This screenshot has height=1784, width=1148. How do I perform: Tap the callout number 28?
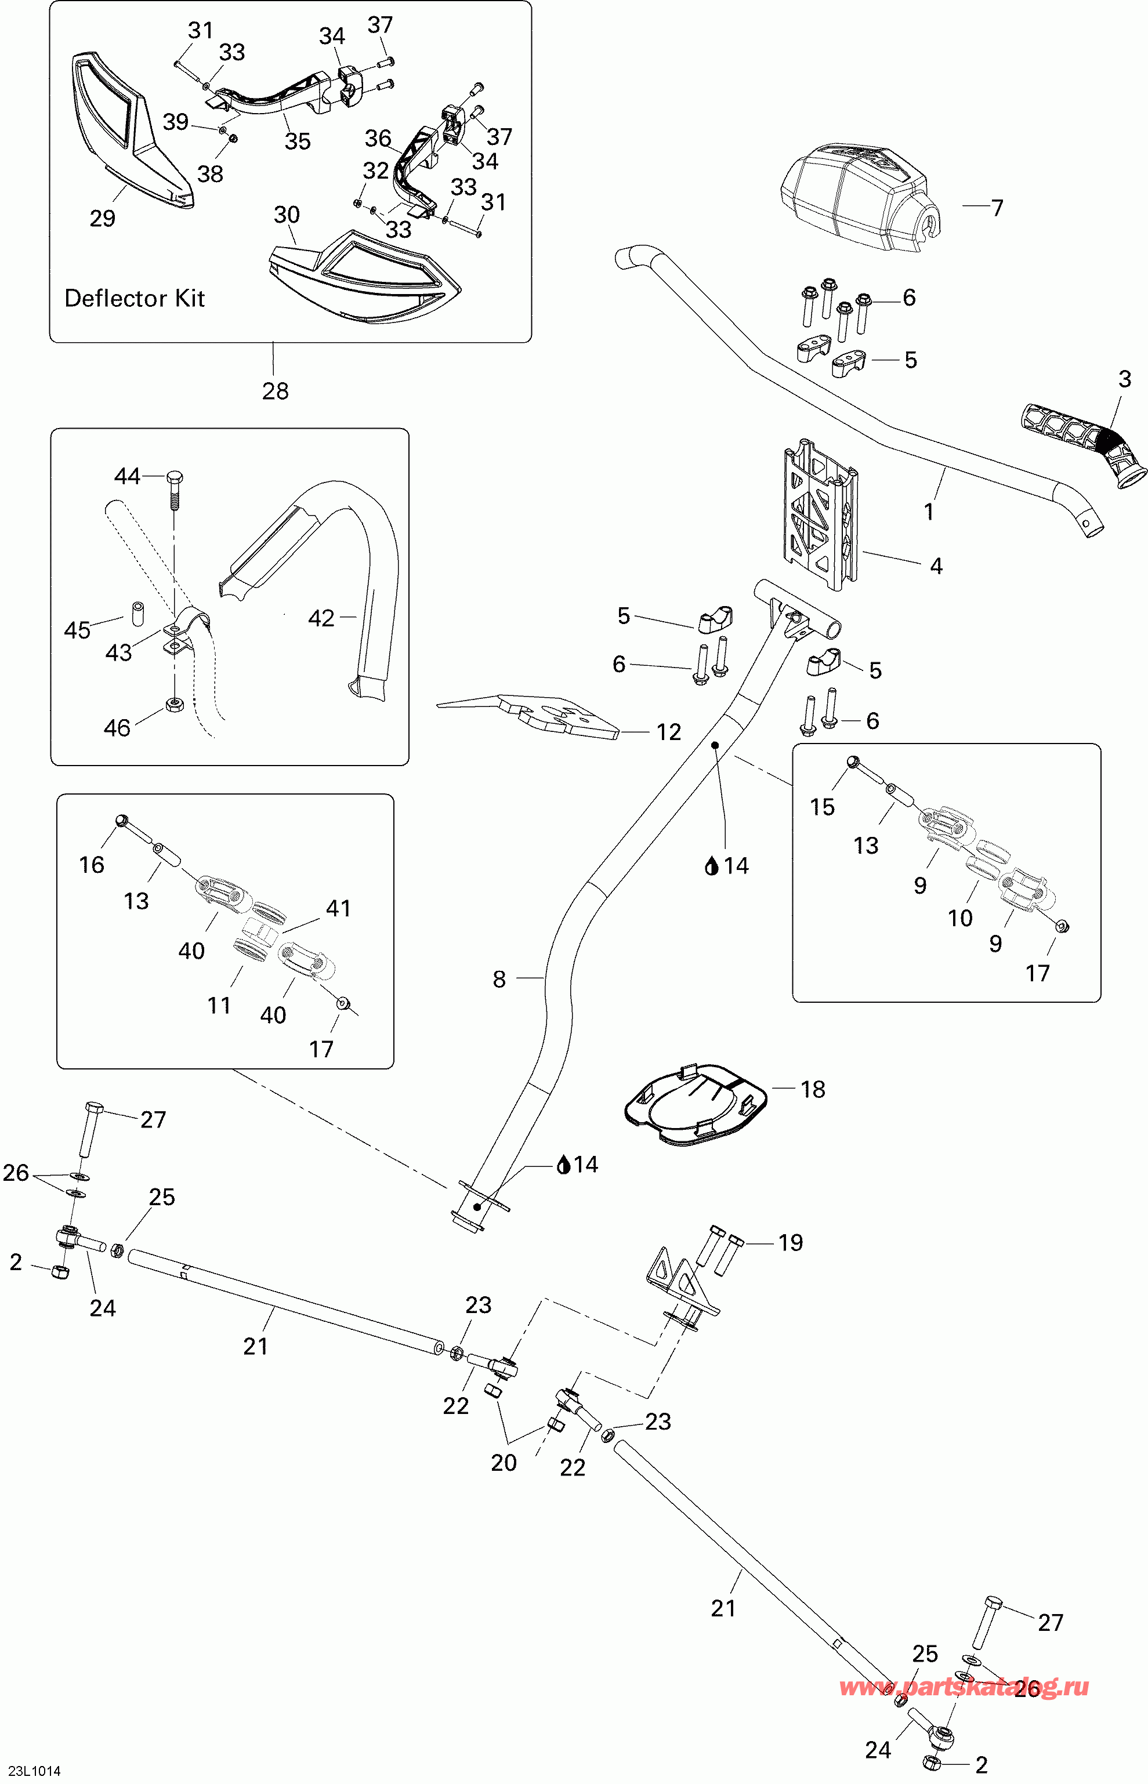(275, 390)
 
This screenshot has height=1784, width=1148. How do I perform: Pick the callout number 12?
(669, 733)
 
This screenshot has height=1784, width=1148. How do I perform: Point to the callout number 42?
(321, 618)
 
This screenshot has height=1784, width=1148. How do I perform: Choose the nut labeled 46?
(175, 705)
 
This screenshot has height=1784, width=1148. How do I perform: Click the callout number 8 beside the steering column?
(499, 979)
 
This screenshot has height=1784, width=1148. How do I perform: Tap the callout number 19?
(790, 1242)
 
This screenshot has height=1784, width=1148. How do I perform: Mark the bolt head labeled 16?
(122, 821)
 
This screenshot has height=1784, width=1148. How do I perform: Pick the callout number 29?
(103, 218)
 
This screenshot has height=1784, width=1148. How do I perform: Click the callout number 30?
(287, 215)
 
